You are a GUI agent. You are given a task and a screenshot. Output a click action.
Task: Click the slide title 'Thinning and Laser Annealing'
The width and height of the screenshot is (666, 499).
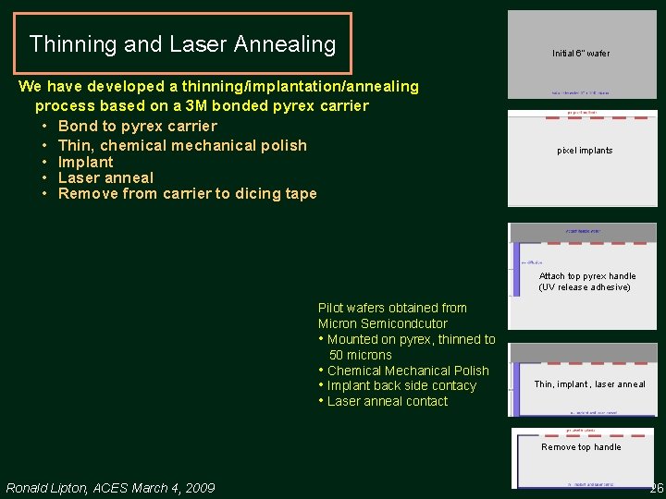tap(182, 44)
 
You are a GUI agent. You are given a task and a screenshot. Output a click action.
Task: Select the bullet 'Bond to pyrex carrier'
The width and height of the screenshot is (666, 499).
tap(137, 126)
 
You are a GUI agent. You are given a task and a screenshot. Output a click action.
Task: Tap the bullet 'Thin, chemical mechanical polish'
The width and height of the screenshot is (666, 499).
tap(182, 145)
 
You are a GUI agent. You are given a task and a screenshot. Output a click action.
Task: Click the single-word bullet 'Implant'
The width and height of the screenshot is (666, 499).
tap(85, 162)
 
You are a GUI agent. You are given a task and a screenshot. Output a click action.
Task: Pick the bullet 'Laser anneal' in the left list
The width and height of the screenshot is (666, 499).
tap(105, 177)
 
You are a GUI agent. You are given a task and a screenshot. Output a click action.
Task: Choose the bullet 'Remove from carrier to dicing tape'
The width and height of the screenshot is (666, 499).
tap(187, 193)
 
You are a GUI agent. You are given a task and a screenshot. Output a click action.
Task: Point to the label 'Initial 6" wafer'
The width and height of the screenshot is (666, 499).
tap(581, 54)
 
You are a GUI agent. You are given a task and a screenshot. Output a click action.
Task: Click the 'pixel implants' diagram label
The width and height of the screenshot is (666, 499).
tap(585, 151)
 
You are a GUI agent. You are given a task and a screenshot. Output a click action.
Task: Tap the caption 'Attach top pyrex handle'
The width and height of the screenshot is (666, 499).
tap(587, 276)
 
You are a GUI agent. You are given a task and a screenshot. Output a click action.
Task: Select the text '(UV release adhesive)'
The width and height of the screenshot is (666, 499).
tap(585, 287)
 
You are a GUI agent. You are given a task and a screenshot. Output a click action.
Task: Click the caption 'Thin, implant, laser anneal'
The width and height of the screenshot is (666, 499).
tap(589, 384)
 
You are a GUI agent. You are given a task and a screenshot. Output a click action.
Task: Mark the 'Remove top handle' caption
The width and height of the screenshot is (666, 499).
tap(581, 447)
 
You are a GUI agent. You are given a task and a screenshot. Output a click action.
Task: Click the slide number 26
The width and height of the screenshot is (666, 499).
tap(656, 488)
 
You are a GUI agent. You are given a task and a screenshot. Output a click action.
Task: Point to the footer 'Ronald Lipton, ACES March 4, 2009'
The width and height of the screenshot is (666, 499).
tap(110, 488)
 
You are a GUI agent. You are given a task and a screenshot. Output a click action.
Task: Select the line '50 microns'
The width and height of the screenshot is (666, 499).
tap(361, 355)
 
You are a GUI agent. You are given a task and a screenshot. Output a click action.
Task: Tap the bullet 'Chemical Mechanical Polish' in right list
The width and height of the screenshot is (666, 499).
tap(408, 371)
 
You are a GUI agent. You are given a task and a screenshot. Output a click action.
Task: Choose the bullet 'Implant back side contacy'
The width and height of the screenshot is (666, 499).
tap(401, 385)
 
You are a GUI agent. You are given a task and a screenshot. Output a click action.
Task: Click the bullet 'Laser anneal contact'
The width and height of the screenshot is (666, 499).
tap(387, 401)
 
